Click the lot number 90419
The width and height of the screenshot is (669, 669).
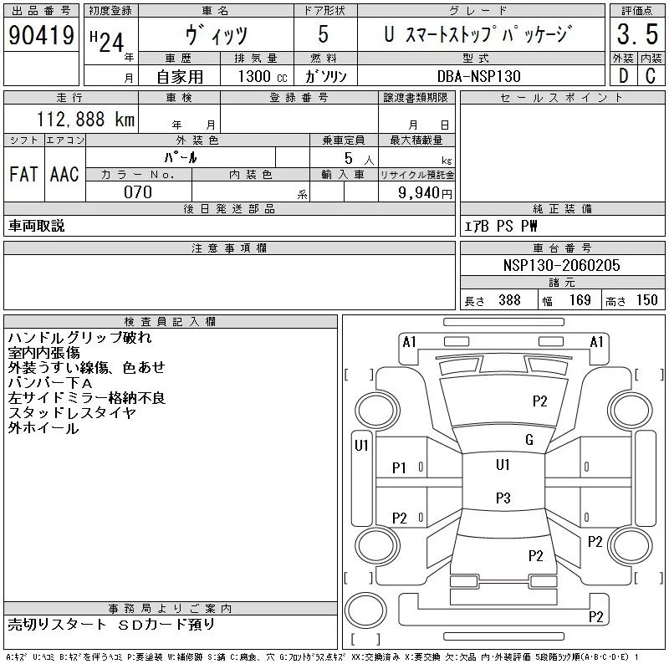click(41, 35)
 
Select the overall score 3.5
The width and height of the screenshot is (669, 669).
click(636, 35)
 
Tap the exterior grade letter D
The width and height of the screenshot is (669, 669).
click(621, 75)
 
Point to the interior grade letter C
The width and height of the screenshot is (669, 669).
click(649, 75)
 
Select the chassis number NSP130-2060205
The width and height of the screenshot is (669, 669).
click(562, 265)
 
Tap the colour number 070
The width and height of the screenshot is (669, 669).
click(138, 192)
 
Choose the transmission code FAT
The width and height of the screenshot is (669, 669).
click(23, 175)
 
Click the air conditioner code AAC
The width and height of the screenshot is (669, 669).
click(64, 175)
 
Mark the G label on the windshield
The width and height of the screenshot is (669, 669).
click(529, 440)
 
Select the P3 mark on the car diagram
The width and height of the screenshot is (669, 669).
click(503, 498)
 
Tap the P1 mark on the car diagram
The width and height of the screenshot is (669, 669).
click(399, 468)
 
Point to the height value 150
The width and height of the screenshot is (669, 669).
click(646, 300)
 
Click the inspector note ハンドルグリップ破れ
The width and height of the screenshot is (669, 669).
click(79, 338)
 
